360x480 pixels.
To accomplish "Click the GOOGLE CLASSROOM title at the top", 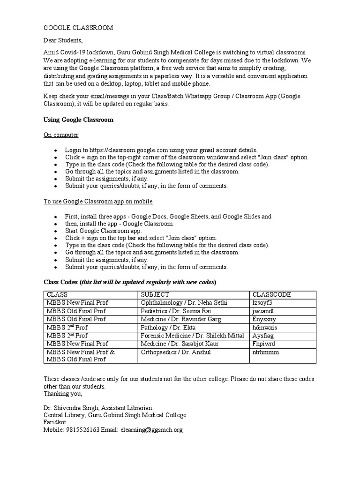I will coord(78,28).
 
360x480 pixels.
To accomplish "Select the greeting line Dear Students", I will coord(63,41).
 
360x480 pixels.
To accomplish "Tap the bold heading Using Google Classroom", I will coord(78,120).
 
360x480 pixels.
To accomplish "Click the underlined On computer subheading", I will coord(61,135).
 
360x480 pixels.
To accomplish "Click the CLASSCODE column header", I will coord(272,294).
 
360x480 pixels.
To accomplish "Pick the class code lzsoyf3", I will coord(262,303).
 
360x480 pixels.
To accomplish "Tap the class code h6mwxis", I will coord(264,327).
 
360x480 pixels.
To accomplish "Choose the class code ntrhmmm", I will coord(265,352).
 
